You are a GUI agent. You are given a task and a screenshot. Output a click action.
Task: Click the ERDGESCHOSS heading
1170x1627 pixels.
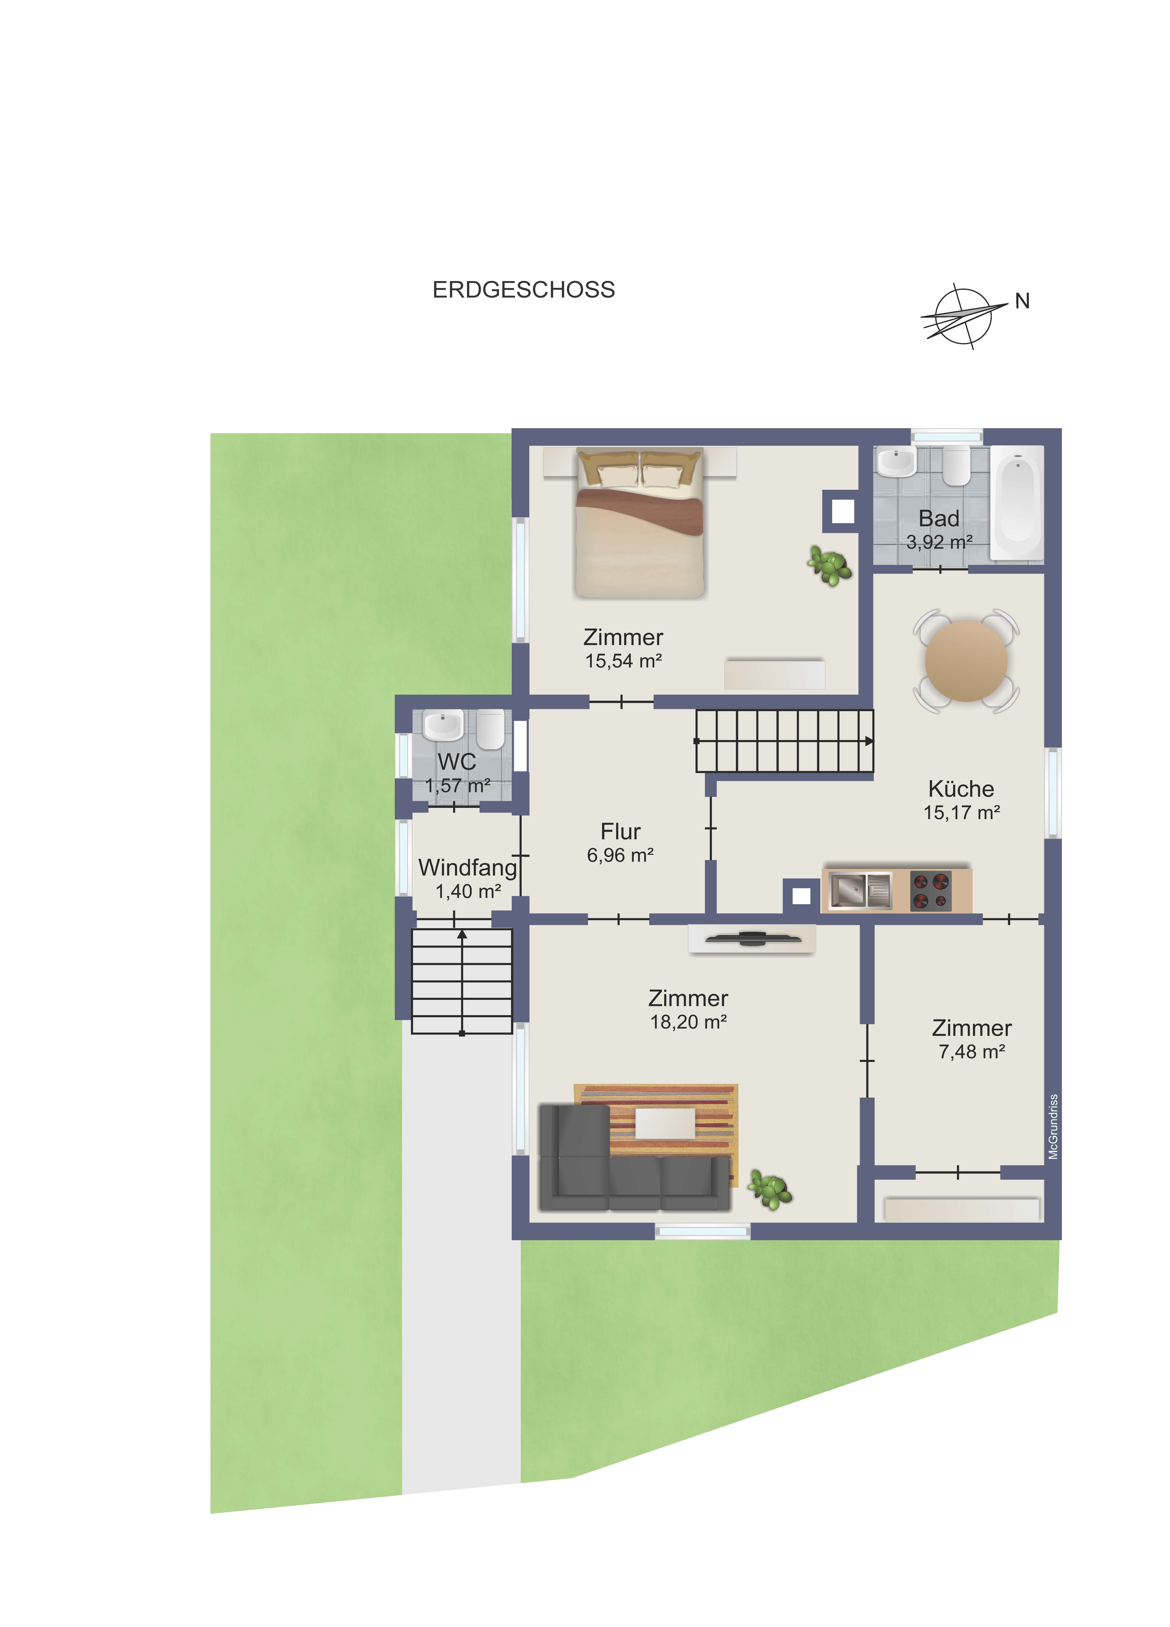point(523,290)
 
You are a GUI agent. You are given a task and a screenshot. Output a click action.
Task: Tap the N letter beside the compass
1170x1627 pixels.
point(1022,301)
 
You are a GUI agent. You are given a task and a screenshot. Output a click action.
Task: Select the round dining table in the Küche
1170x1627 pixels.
point(966,661)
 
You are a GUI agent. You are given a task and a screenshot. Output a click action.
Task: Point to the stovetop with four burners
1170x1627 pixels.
point(930,890)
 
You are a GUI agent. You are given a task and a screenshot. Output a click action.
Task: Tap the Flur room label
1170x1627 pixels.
point(620,832)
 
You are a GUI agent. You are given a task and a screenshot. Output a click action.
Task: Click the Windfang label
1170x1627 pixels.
point(467,868)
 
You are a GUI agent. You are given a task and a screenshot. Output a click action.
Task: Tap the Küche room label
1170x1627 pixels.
point(961,789)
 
